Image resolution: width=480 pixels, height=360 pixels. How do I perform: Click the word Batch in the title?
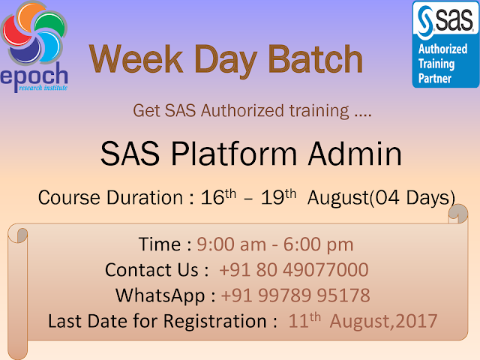[315, 58]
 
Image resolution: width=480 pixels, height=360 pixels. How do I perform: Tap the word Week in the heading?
[136, 58]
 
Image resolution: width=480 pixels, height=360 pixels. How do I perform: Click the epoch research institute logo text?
[34, 77]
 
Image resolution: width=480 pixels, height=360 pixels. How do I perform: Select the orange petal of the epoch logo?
[30, 13]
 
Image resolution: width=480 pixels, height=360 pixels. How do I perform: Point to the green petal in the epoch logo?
[52, 23]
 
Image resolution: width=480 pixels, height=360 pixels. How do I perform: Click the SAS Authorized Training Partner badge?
[446, 44]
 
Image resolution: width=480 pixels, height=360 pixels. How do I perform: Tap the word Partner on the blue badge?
[435, 78]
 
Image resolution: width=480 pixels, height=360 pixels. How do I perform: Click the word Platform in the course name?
[234, 154]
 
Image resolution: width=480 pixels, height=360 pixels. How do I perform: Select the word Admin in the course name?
[355, 154]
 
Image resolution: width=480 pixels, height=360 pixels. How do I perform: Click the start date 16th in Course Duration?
[218, 196]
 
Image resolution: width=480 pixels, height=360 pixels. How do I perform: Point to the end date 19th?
[278, 196]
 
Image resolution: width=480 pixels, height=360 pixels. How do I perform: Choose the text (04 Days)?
[412, 198]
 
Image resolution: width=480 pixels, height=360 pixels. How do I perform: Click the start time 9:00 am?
[232, 244]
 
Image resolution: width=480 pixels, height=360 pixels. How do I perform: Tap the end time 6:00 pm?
[318, 245]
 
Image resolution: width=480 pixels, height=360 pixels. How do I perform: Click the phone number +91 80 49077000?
[294, 270]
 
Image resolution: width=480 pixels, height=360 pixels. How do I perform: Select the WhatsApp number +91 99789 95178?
[295, 295]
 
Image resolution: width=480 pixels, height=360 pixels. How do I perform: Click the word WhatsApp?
[160, 296]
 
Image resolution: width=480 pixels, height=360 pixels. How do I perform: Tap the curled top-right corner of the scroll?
[458, 214]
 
